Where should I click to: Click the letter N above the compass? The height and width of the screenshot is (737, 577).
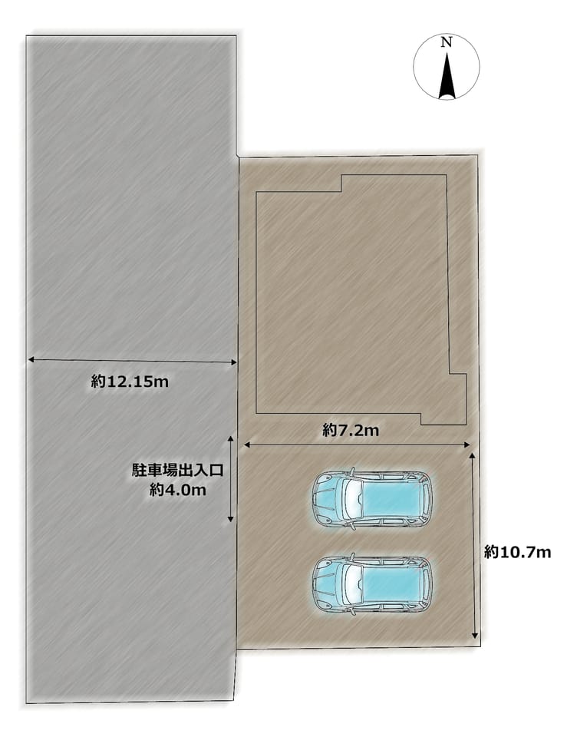[x=447, y=43]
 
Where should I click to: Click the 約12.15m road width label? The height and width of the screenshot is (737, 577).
[x=130, y=382]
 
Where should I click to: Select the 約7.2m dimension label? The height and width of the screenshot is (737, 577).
[x=351, y=430]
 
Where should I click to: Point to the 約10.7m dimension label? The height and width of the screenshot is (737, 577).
[x=517, y=552]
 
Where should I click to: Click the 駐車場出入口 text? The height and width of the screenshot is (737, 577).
[x=177, y=471]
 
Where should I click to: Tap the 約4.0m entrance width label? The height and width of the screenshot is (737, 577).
[x=177, y=491]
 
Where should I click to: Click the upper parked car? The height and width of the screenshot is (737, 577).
[x=371, y=499]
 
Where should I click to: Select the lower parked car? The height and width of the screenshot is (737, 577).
[x=371, y=584]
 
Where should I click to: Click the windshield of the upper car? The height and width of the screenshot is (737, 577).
[x=352, y=499]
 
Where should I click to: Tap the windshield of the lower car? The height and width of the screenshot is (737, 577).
[x=352, y=584]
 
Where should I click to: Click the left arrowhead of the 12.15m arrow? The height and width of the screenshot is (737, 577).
[x=31, y=359]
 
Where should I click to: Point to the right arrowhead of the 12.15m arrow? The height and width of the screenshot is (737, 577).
[x=233, y=362]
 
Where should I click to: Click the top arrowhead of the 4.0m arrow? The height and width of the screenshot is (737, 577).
[x=231, y=439]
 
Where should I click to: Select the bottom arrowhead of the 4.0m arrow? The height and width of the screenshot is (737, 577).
[x=231, y=519]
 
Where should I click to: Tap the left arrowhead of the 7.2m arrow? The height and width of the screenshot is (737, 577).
[x=246, y=445]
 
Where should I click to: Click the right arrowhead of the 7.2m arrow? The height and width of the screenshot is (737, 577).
[x=467, y=445]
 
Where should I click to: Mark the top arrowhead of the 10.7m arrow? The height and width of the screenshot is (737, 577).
[x=472, y=456]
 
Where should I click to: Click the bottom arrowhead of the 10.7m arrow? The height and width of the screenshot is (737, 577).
[x=475, y=636]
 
